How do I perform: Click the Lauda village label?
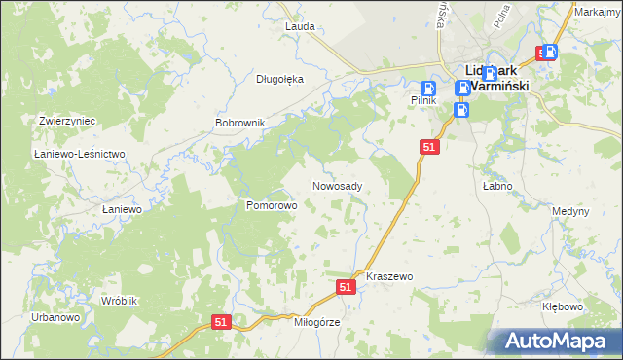coord(300,26)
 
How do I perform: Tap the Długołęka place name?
coord(280,79)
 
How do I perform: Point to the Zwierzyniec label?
coord(66,121)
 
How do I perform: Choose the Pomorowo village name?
coord(271,205)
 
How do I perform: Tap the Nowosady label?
coord(338,186)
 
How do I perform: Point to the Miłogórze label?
coord(306,323)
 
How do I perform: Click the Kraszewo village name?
coord(389,276)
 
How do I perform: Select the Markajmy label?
coord(598,12)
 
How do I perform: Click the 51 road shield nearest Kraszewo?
coord(346,287)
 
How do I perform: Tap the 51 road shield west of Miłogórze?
coord(222,322)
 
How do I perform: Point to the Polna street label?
coord(504,15)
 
